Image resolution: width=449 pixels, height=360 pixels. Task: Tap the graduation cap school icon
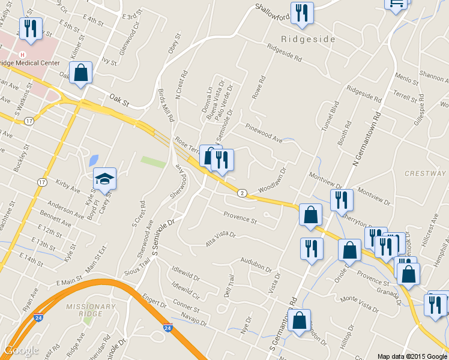[104, 179]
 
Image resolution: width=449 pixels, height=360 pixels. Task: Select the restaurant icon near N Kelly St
[29, 28]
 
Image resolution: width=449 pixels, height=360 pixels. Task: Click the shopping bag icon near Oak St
[80, 73]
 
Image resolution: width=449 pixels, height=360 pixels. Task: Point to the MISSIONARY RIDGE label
[91, 307]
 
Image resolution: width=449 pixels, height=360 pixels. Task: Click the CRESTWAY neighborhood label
[425, 173]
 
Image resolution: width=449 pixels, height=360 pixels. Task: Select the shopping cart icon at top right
[396, 3]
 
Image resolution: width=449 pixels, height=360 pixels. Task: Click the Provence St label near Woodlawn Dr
[240, 218]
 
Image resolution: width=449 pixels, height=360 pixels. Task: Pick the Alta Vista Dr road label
[221, 236]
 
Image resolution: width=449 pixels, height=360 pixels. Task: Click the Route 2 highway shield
[241, 193]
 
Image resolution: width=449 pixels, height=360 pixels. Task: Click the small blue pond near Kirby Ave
[93, 160]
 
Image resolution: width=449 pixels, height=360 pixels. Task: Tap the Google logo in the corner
[22, 350]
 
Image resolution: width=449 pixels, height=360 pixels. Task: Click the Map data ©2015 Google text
[412, 356]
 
